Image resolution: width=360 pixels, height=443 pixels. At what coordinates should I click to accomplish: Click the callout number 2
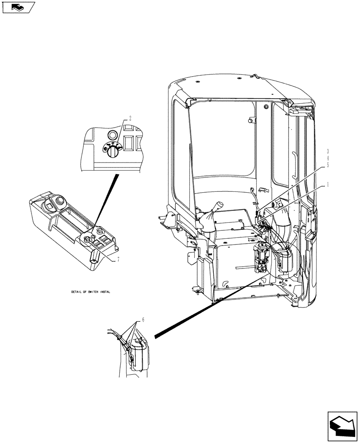coord(130,119)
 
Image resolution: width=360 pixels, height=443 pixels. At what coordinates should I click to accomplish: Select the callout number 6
coord(143,319)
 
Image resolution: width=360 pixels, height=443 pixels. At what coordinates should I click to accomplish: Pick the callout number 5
coord(328,164)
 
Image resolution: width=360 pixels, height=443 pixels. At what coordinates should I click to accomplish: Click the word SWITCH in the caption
coord(91,292)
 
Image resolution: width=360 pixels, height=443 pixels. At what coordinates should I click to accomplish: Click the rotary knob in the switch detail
coord(112,152)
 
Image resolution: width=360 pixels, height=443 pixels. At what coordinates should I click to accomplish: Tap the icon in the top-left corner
coord(17,7)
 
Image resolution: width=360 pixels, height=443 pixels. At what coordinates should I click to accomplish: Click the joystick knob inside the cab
coord(219,207)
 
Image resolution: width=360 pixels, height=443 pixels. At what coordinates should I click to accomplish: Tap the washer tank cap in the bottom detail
coord(141,341)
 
